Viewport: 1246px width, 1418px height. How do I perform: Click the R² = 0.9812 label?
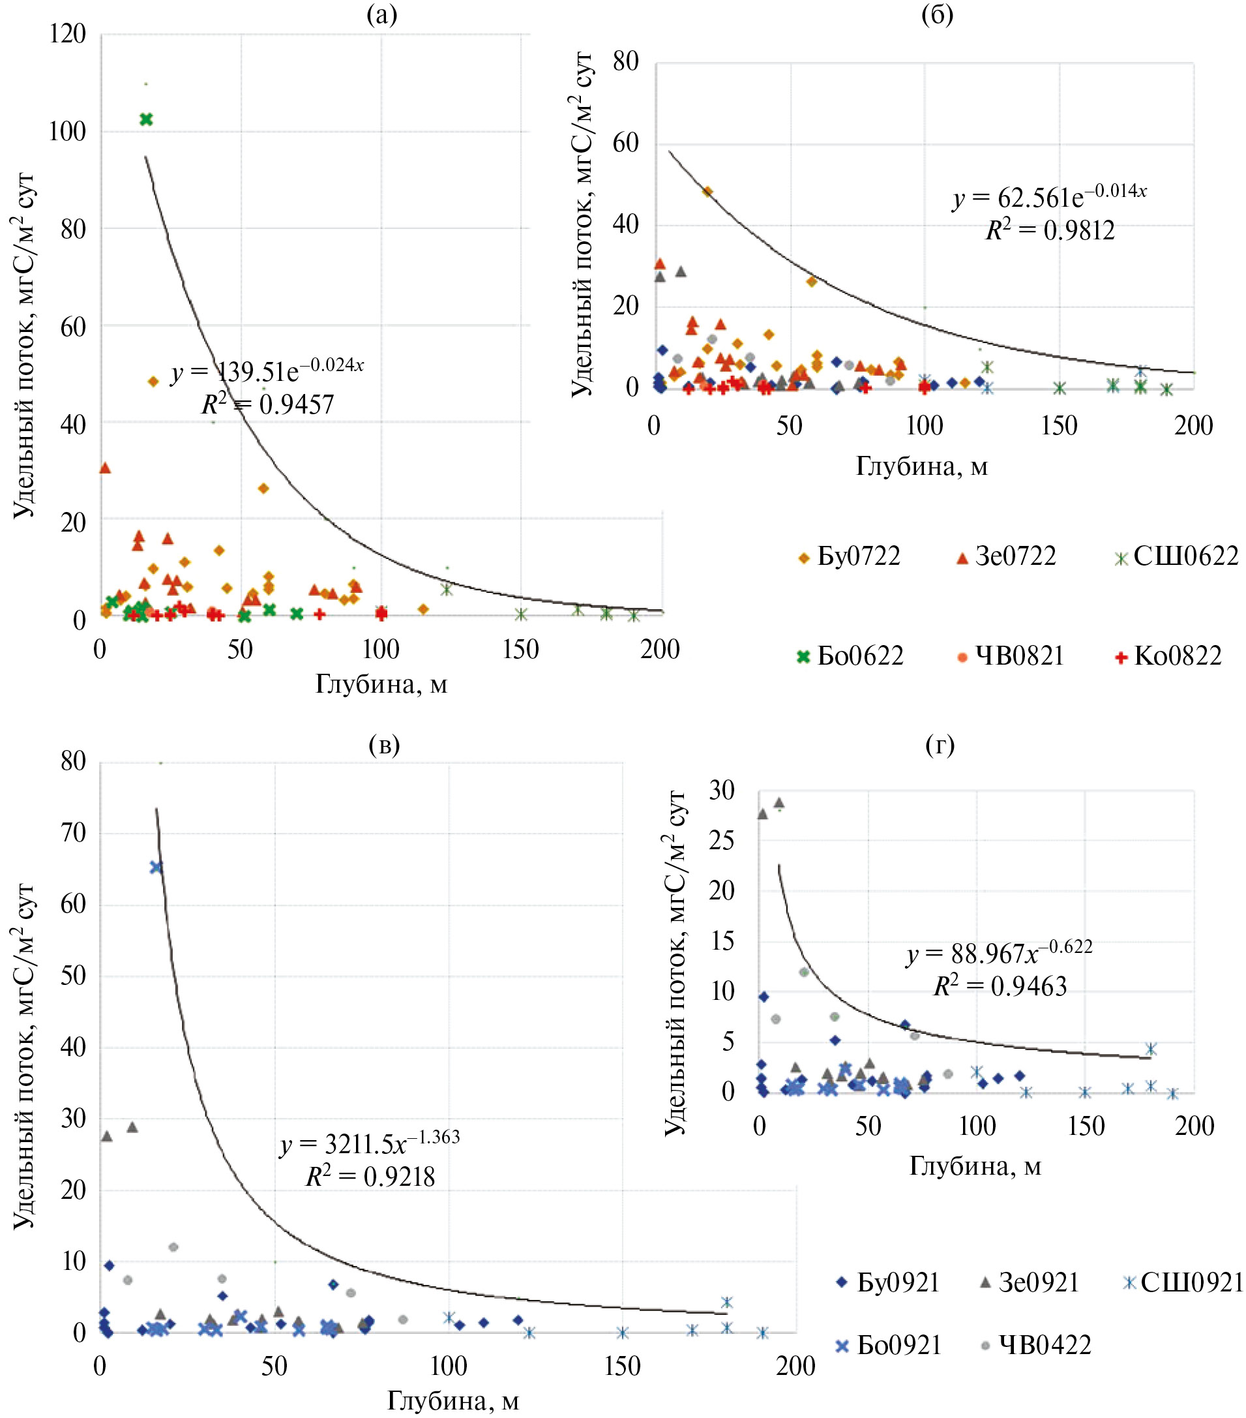point(1050,230)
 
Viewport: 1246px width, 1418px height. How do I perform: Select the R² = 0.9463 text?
point(1000,986)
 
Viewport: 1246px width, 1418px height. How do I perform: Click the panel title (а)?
point(382,14)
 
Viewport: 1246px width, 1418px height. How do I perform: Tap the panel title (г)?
point(940,744)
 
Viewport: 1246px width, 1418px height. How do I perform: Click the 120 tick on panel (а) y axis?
point(67,33)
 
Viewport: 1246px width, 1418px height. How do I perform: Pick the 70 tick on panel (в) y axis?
point(74,833)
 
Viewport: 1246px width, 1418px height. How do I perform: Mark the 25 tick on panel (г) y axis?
point(721,841)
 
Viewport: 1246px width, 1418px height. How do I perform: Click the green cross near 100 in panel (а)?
point(145,119)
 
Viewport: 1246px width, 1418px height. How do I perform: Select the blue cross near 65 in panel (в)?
point(156,867)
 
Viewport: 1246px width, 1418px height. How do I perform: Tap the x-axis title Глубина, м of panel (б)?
point(921,466)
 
